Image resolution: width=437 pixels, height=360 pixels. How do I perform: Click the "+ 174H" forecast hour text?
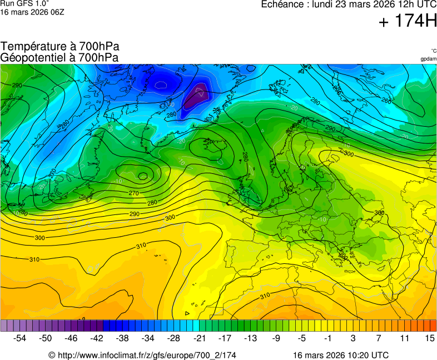tap(408, 22)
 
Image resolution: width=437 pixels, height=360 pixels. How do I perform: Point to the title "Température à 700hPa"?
tap(60, 47)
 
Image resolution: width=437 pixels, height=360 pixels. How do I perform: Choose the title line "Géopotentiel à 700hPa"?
tap(59, 57)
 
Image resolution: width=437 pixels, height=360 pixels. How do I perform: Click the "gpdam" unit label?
tap(428, 59)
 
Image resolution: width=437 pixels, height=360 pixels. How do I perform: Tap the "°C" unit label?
tap(433, 51)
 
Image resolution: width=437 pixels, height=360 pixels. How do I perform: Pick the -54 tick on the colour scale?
tap(20, 338)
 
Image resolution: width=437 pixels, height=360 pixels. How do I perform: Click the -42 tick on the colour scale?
tap(97, 338)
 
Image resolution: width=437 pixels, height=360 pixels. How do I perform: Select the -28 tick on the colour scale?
tap(174, 338)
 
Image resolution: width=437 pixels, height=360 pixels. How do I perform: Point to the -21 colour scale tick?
tap(200, 338)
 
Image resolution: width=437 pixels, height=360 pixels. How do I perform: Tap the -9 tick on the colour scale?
tap(276, 338)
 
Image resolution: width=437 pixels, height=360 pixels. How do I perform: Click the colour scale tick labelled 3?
tap(353, 338)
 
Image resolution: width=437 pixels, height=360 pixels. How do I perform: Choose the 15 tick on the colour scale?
tap(430, 338)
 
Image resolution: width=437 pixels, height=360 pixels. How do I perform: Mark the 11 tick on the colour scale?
tap(404, 338)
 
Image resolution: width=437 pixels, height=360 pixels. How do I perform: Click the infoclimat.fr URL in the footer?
tap(142, 355)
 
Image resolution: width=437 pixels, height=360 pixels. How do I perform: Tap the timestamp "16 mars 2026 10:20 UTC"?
tap(341, 355)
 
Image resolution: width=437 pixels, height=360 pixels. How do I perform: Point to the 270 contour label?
tap(133, 193)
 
